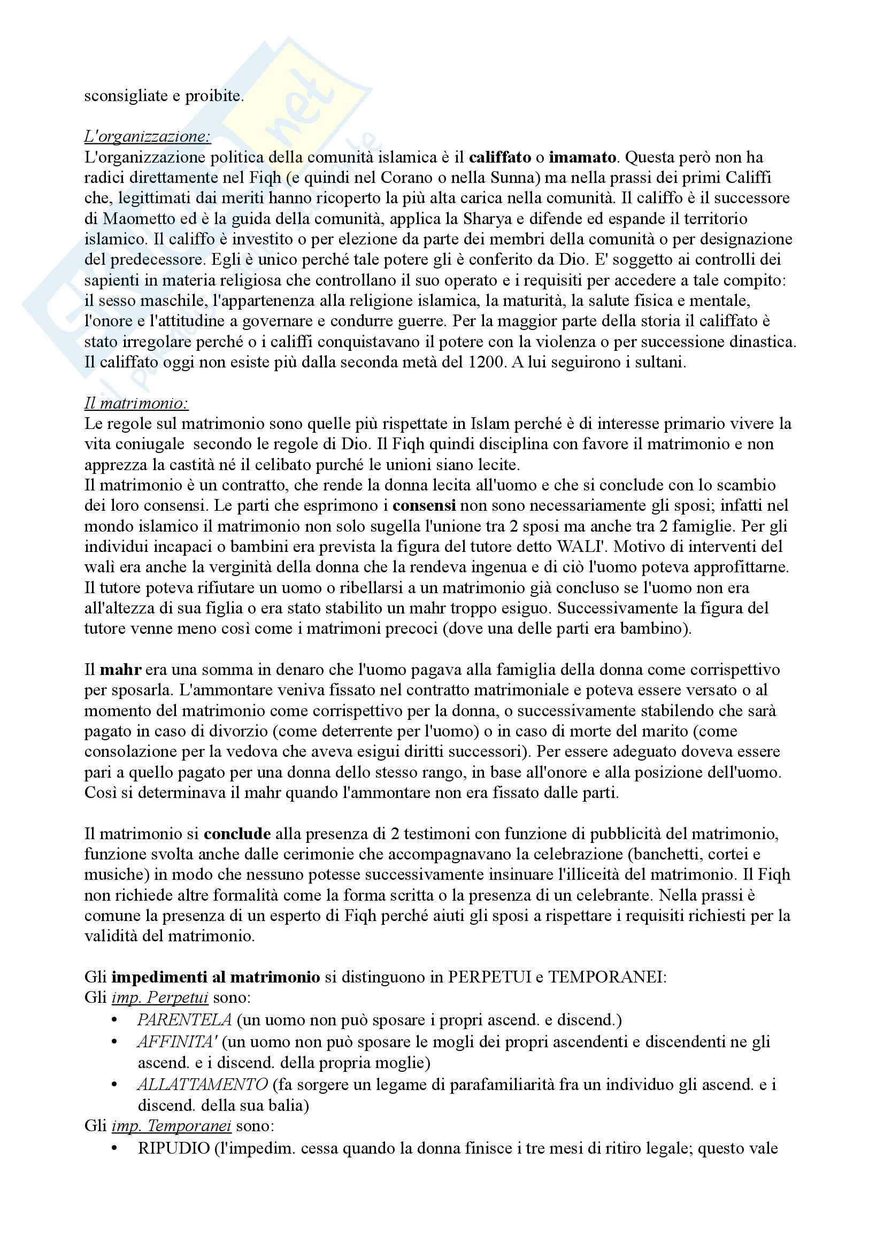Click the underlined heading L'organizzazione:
click(147, 136)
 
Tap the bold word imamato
click(583, 157)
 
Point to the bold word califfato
click(499, 157)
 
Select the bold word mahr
click(121, 670)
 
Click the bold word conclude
click(237, 834)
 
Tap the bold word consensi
click(424, 505)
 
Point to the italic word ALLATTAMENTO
click(203, 1084)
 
